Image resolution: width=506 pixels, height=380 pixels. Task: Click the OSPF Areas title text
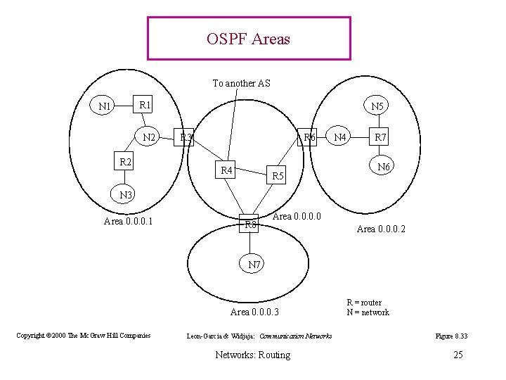(x=248, y=39)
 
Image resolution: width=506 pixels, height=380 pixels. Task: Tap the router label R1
(x=145, y=105)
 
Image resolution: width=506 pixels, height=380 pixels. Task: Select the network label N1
(x=106, y=107)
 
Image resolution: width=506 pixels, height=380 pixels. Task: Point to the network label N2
(x=150, y=137)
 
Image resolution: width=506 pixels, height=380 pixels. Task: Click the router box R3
(x=186, y=137)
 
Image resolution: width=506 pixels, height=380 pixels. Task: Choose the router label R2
(x=126, y=162)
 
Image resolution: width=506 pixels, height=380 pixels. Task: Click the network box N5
(x=378, y=106)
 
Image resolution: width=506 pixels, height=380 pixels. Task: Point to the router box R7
(x=379, y=137)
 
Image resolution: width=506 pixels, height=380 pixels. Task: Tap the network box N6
(x=384, y=167)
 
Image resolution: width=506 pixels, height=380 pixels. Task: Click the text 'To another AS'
(x=241, y=83)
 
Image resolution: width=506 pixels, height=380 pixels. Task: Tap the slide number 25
(x=458, y=354)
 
